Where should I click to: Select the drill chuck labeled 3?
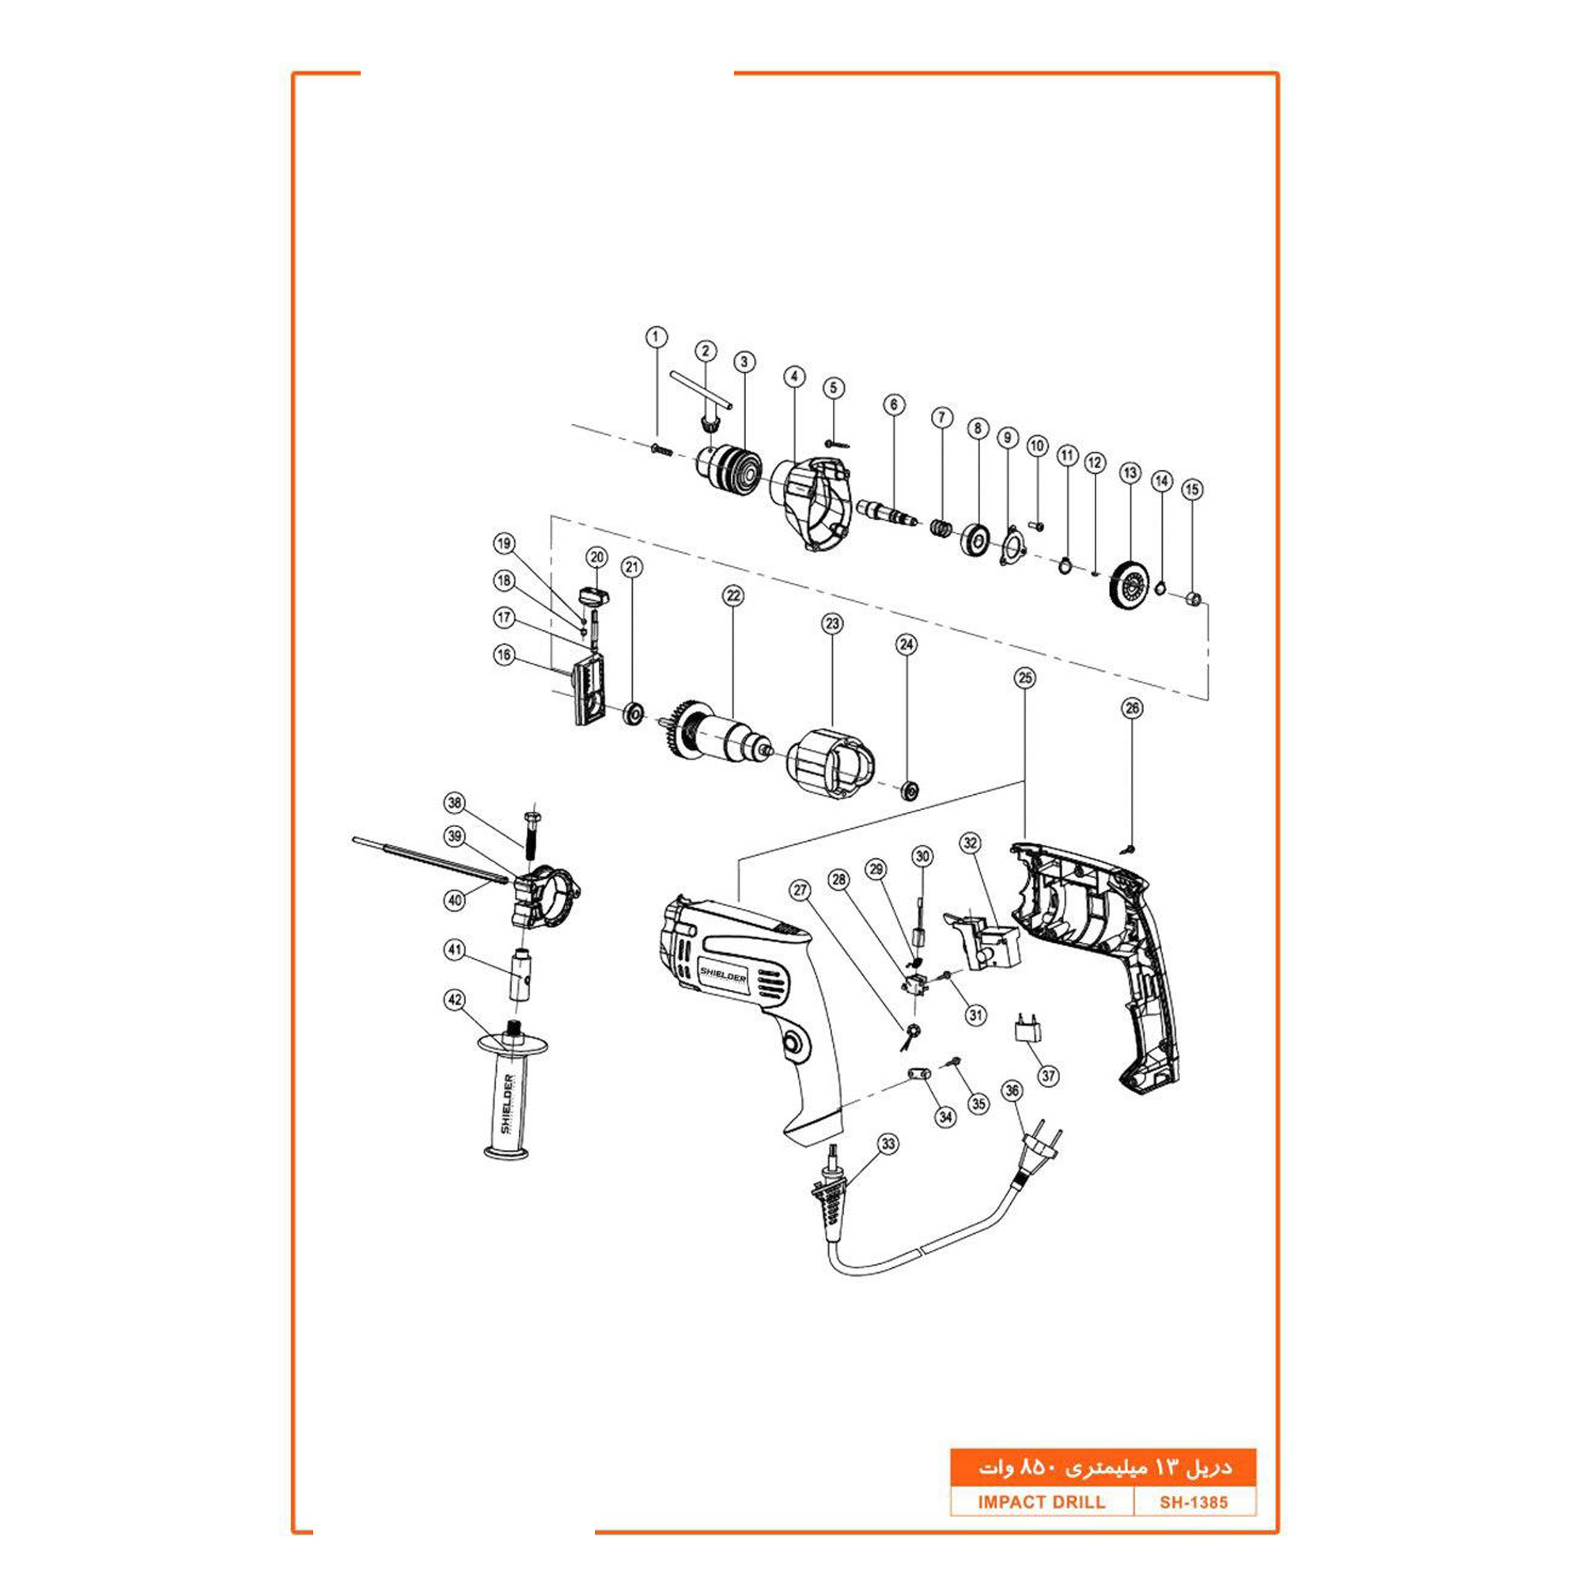point(730,471)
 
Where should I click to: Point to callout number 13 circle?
point(1130,473)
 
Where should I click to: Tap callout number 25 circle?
point(1024,678)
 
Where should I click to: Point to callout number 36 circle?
point(1013,1091)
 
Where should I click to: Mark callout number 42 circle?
point(456,1000)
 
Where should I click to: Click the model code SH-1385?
point(1193,1502)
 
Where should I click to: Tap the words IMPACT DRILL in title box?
point(1041,1502)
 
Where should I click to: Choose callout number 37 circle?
point(1048,1076)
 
